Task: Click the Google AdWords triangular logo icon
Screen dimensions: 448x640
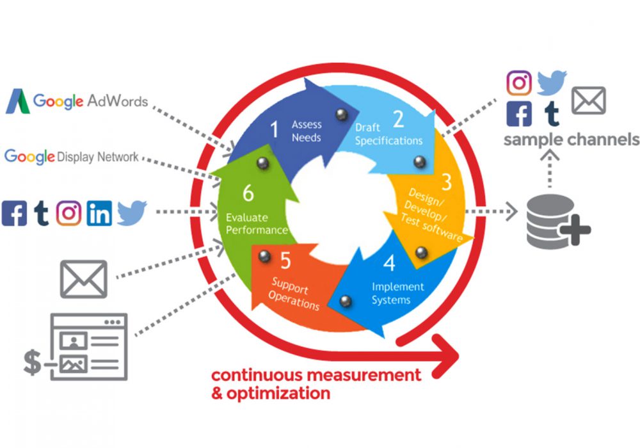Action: coord(17,102)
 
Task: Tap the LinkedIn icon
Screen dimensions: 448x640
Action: coord(99,214)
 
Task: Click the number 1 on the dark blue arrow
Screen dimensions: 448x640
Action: coord(275,130)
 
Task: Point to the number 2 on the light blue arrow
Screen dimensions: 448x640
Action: coord(398,119)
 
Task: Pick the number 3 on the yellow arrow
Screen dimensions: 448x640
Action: coord(446,182)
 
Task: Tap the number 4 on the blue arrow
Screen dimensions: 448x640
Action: coord(389,263)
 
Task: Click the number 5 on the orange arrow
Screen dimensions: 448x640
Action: coord(285,260)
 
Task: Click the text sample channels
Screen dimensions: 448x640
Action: coord(571,140)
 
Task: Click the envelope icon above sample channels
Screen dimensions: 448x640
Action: coord(588,101)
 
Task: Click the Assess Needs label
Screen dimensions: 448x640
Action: coord(306,131)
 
